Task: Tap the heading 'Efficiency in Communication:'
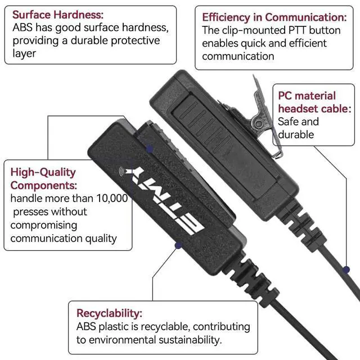tap(274, 17)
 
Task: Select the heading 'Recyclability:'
tap(109, 313)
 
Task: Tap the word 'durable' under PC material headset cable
tap(296, 134)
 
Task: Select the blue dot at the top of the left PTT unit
tap(150, 148)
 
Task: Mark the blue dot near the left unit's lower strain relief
tap(178, 245)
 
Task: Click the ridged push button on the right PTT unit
tap(206, 127)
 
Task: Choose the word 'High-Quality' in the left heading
tap(43, 172)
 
